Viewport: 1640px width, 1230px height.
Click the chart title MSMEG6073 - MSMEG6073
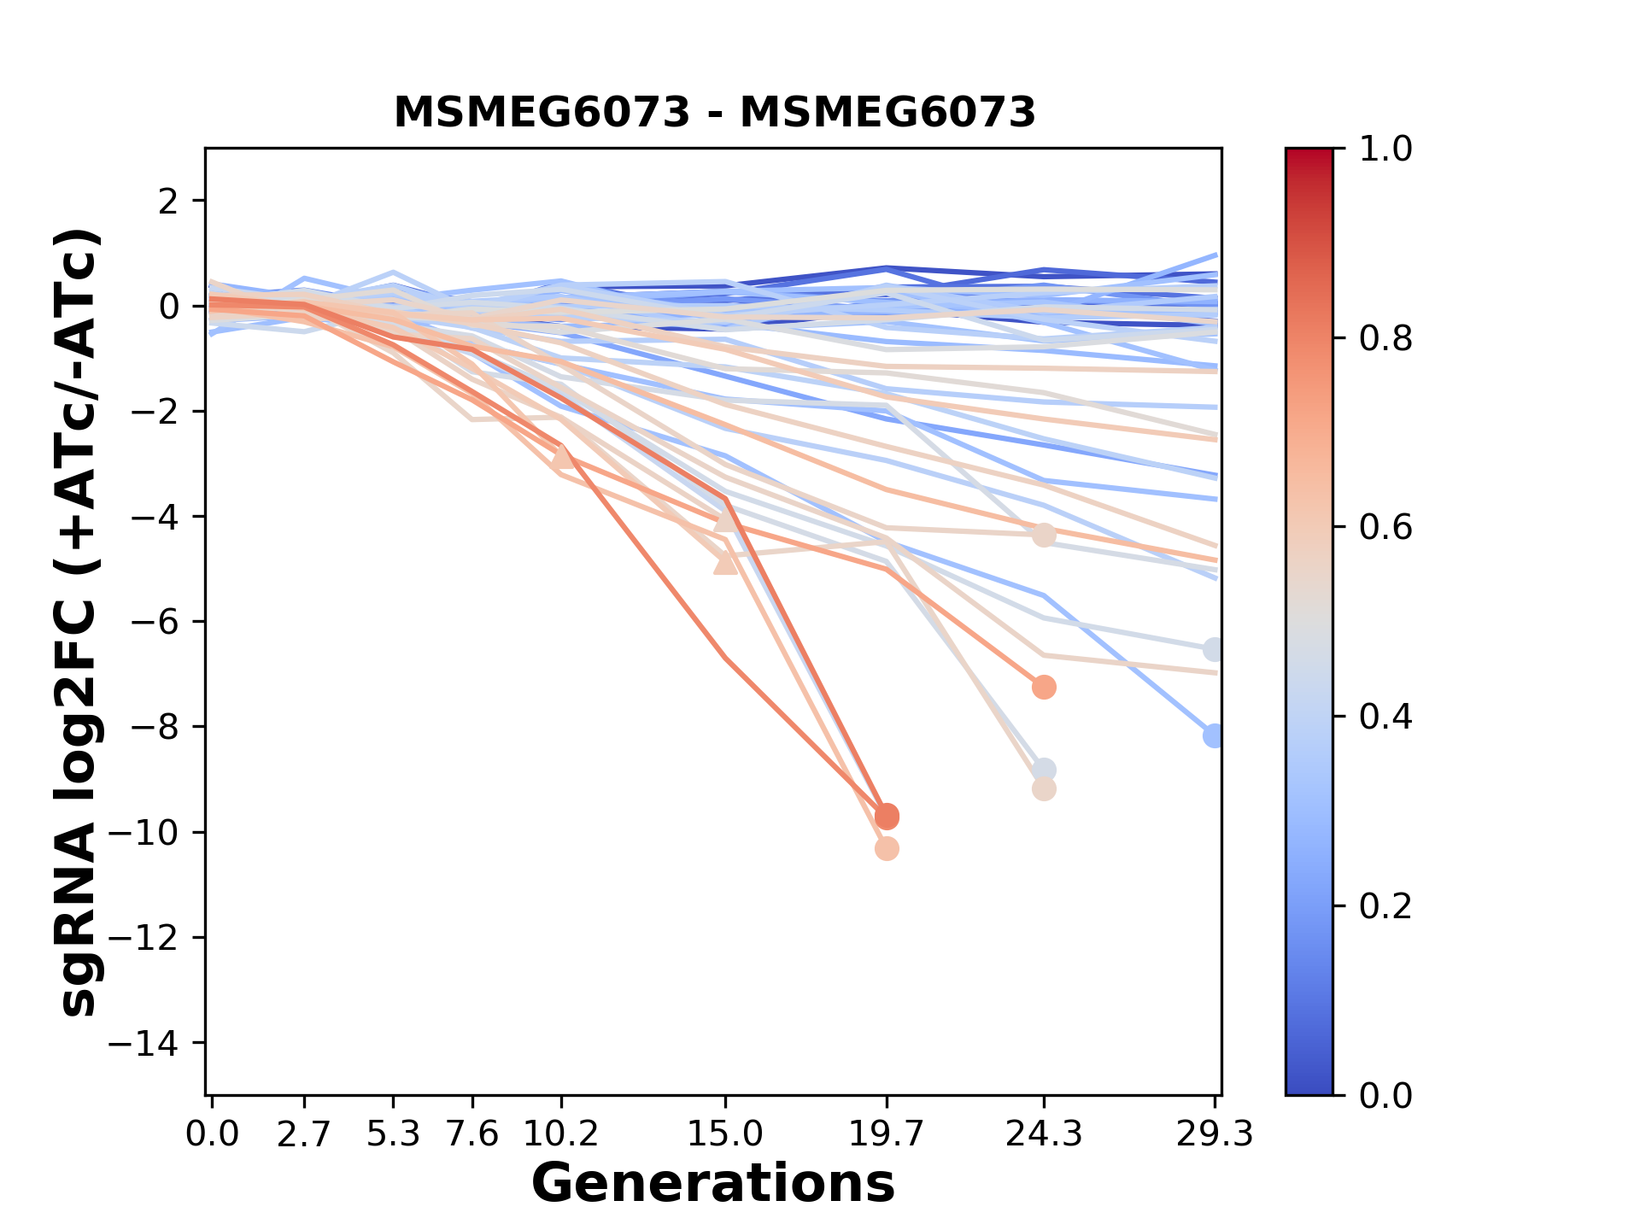[x=714, y=113]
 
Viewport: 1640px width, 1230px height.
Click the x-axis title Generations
[x=713, y=1184]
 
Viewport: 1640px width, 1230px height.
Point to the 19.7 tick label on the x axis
[x=887, y=1134]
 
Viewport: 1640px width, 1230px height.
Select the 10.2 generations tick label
[x=560, y=1134]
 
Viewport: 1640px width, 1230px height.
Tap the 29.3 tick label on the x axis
[x=1215, y=1134]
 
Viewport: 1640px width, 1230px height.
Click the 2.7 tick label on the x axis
[x=304, y=1134]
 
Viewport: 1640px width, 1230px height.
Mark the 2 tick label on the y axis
[x=169, y=202]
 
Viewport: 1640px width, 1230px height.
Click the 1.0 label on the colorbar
[x=1385, y=149]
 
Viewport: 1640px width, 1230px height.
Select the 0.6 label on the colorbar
[x=1385, y=528]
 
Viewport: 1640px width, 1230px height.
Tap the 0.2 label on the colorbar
[x=1385, y=906]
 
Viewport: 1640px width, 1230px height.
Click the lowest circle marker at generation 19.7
[x=887, y=849]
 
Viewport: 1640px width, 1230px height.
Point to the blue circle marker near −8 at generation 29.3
[x=1214, y=735]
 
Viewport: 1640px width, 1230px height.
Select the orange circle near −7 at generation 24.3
[x=1044, y=687]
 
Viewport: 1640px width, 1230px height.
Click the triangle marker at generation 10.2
[x=562, y=457]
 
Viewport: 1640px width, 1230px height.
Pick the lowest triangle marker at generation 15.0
[x=725, y=563]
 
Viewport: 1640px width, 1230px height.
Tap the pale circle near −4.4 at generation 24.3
[x=1044, y=536]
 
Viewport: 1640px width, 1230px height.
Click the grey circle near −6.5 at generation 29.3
[x=1214, y=650]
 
